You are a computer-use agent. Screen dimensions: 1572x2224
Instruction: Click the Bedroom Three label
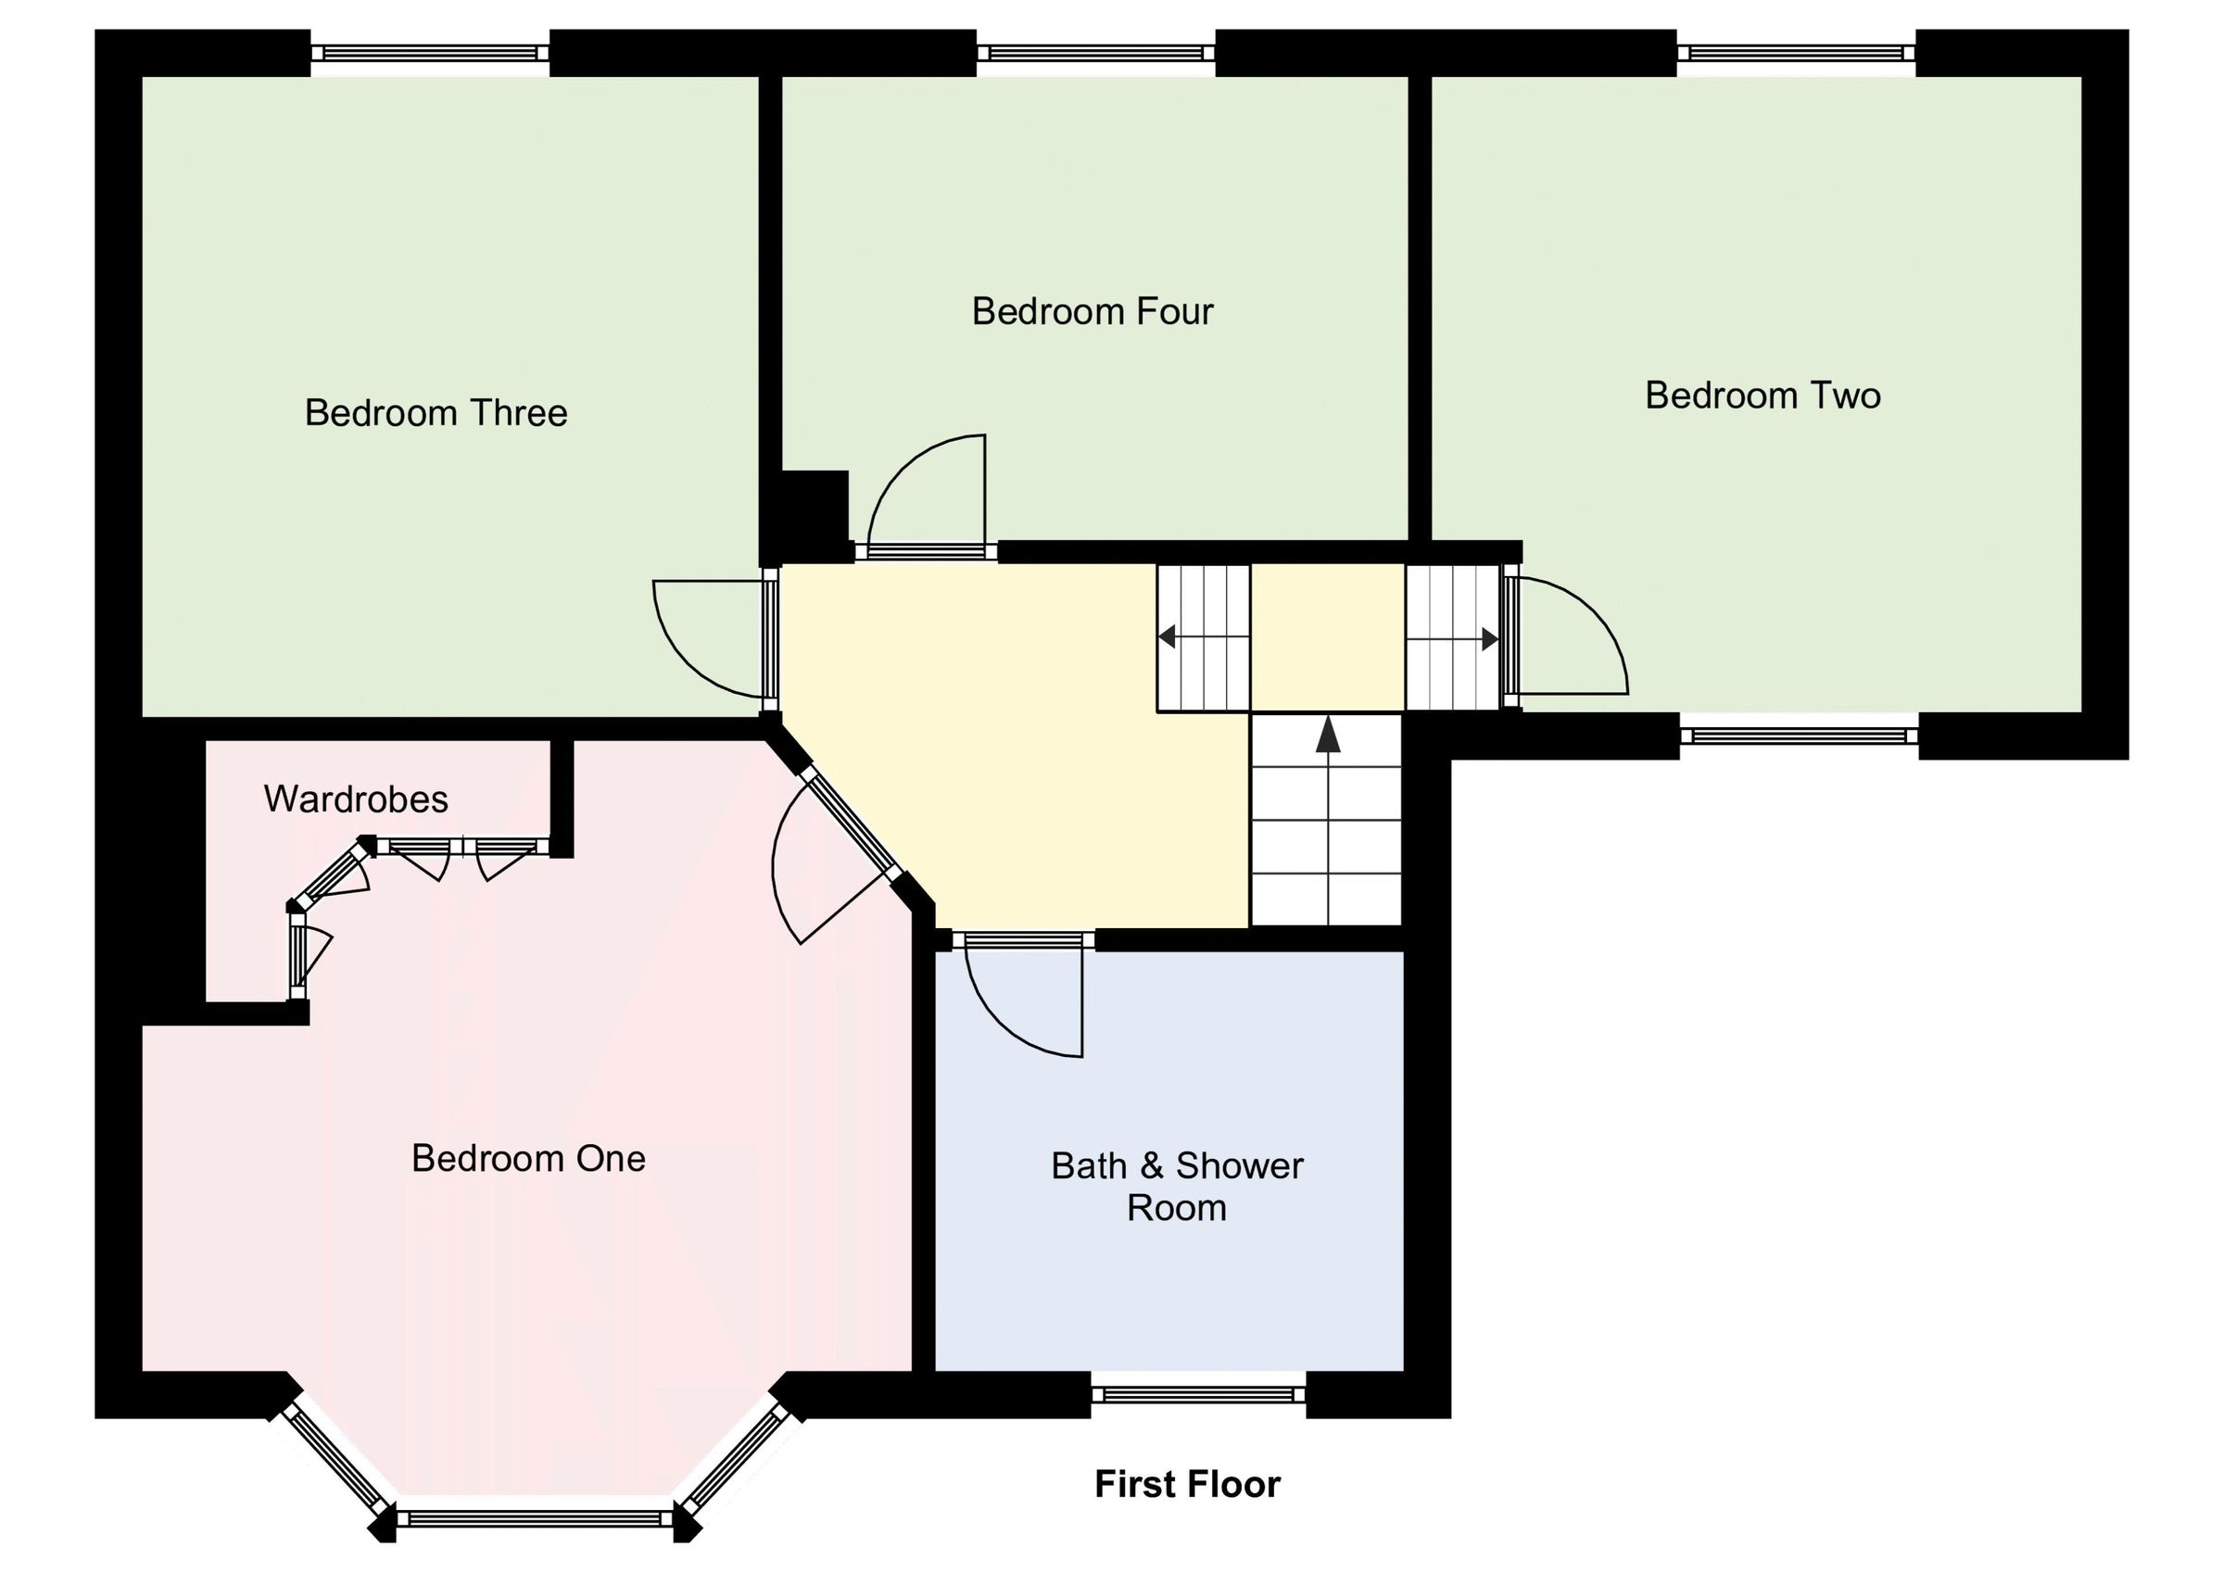pyautogui.click(x=436, y=413)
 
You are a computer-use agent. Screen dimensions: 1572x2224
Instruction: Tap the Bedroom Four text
pyautogui.click(x=1092, y=312)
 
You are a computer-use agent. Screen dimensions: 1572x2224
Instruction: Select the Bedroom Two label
pyautogui.click(x=1762, y=396)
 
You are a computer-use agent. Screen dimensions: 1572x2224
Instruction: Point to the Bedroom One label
pyautogui.click(x=528, y=1159)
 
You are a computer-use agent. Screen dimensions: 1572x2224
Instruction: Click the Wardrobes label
pyautogui.click(x=356, y=800)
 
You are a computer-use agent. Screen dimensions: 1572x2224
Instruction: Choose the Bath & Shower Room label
pyautogui.click(x=1176, y=1187)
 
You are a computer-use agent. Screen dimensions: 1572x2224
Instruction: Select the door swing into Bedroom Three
pyautogui.click(x=707, y=635)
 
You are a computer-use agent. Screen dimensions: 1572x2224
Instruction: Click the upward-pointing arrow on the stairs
pyautogui.click(x=1328, y=736)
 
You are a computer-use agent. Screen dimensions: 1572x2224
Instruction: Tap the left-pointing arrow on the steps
pyautogui.click(x=1168, y=637)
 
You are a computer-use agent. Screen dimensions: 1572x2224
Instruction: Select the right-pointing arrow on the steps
pyautogui.click(x=1490, y=639)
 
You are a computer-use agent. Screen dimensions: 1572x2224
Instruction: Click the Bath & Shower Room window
pyautogui.click(x=1198, y=1395)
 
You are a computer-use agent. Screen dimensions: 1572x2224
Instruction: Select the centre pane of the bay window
pyautogui.click(x=535, y=1517)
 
